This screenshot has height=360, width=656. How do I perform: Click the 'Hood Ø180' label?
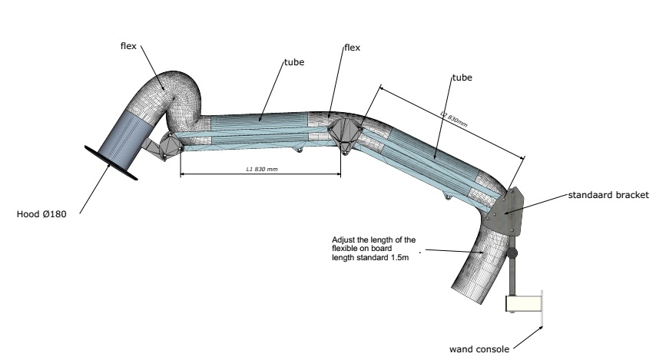click(x=42, y=215)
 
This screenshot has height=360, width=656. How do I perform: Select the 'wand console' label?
click(x=479, y=347)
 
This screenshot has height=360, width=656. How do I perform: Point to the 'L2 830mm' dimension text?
click(x=453, y=118)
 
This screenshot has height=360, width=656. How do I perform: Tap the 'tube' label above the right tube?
click(x=461, y=78)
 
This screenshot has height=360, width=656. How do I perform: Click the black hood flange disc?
click(x=112, y=162)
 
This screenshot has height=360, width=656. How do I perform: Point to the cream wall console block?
click(x=522, y=305)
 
